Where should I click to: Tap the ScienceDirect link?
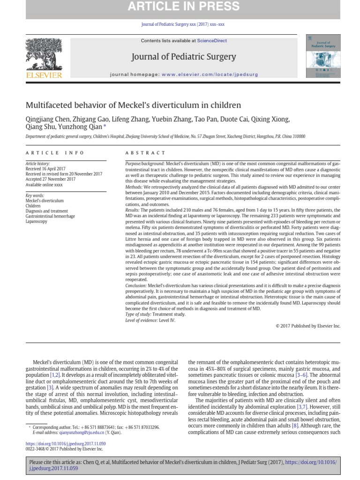point(212,41)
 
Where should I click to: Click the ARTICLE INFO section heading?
point(55,153)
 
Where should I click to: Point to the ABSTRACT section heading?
point(145,153)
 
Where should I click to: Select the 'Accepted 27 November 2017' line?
point(50,179)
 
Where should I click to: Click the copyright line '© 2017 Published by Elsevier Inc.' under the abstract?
point(308,325)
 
